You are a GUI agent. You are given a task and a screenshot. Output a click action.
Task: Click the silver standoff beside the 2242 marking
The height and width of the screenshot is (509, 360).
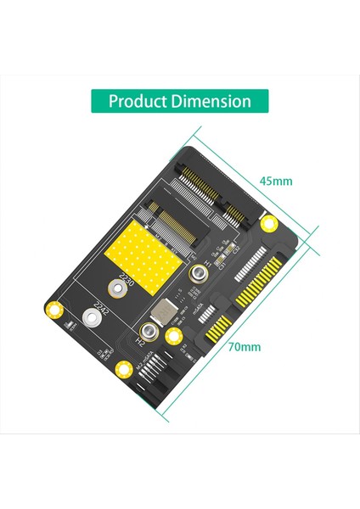pos(87,322)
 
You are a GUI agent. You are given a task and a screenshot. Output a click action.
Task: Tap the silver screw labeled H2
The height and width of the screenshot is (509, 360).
pos(149,332)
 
